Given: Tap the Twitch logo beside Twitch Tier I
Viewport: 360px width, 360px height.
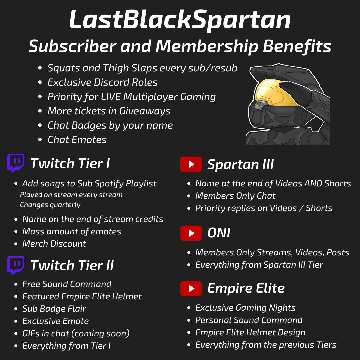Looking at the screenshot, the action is (16, 163).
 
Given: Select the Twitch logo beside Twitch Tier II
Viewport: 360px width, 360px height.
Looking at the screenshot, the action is (16, 265).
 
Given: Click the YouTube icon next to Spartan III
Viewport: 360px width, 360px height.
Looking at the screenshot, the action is (191, 164).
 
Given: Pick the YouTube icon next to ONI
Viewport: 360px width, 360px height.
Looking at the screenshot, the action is (191, 233).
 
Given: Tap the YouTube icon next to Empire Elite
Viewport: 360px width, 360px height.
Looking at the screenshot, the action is (191, 288).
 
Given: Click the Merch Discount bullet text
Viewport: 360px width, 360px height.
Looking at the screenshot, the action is (54, 244).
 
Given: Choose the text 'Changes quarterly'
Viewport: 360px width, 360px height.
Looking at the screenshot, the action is (50, 205).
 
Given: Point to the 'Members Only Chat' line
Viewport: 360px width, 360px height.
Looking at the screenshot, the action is (235, 196).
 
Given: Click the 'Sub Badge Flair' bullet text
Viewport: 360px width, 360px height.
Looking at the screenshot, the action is (54, 309).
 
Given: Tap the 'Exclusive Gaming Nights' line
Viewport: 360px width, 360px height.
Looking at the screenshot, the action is (245, 308).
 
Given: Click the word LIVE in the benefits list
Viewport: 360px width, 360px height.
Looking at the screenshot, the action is (111, 97).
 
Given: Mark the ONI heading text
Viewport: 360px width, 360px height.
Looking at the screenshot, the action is (219, 233).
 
